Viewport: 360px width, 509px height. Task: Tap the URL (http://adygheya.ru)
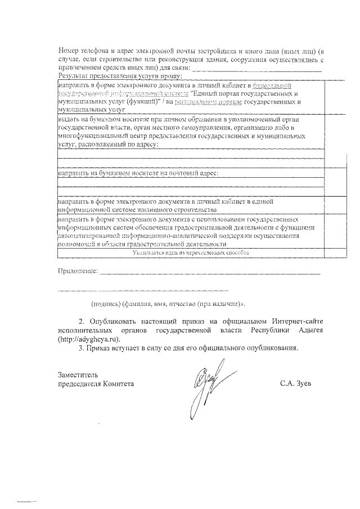point(89,339)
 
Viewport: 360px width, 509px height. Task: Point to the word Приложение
point(78,272)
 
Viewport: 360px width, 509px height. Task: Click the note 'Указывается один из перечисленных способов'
point(191,254)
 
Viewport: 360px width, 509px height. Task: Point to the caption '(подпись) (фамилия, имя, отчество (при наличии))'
point(169,304)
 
